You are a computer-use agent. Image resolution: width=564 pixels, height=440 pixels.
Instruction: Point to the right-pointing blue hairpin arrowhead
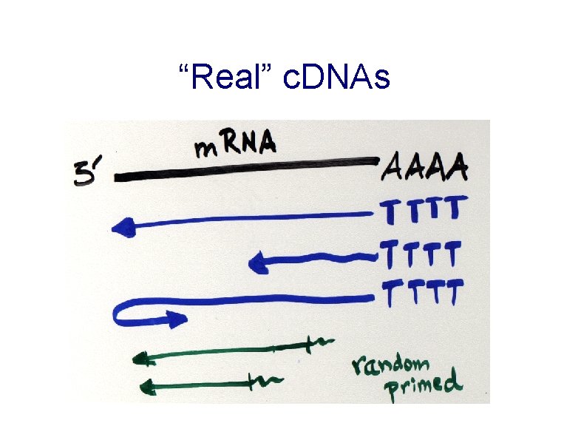pyautogui.click(x=177, y=320)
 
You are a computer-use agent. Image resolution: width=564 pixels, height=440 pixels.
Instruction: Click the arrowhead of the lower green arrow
pyautogui.click(x=146, y=385)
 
